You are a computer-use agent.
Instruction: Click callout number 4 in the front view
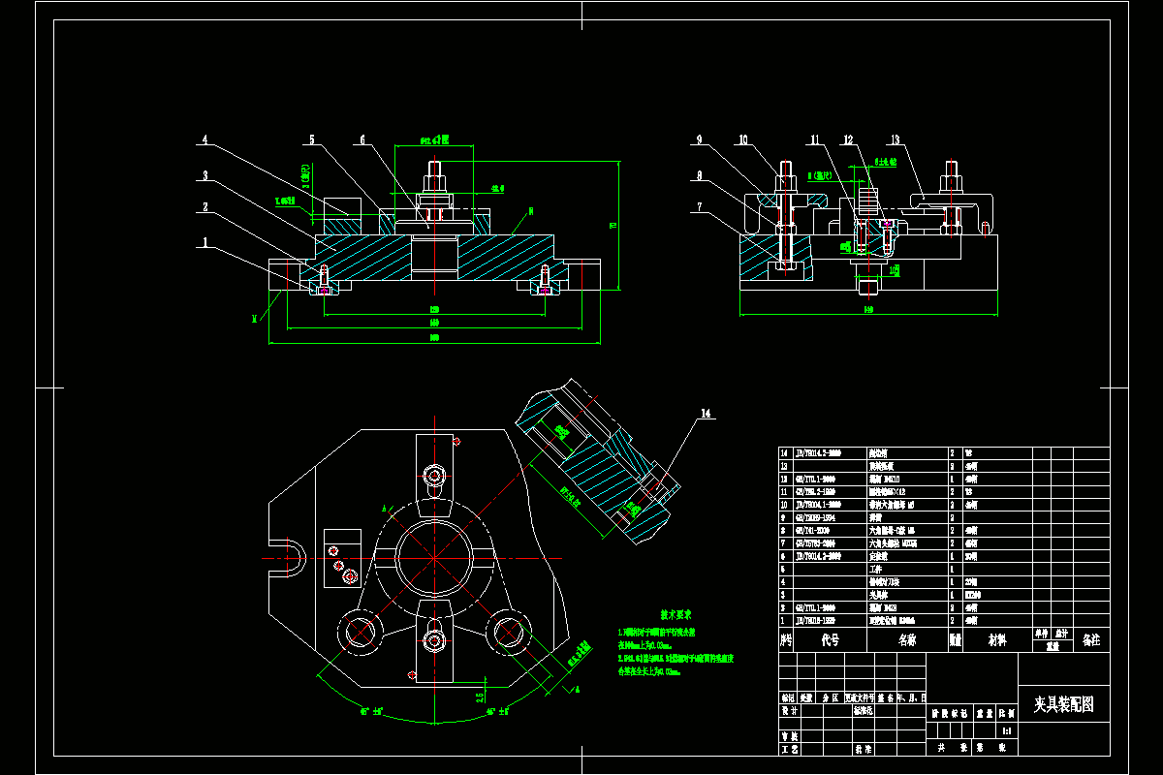pos(204,139)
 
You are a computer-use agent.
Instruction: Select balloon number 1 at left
pos(204,243)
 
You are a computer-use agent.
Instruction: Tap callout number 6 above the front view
pos(362,139)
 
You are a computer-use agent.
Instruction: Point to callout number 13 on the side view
pos(896,139)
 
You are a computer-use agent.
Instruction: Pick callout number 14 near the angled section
pos(707,414)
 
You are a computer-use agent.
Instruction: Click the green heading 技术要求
pos(675,614)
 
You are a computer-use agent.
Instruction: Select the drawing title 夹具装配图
pos(1062,704)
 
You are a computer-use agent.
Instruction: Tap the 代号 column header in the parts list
pos(830,640)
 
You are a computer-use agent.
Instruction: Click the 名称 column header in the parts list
pos(907,640)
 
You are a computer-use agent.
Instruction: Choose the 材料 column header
pos(996,640)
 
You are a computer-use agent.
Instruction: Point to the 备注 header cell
pos(1091,640)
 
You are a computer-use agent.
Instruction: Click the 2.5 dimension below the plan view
pos(480,696)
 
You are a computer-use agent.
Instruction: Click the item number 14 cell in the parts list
pos(786,452)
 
